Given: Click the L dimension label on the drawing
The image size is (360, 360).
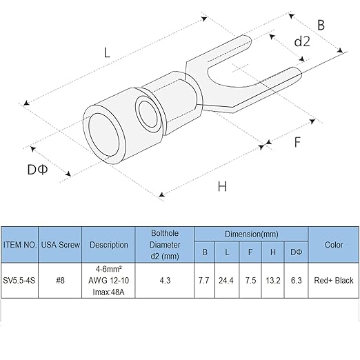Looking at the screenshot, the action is pos(107,52).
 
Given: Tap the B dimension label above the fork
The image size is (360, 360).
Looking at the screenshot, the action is pos(321,25).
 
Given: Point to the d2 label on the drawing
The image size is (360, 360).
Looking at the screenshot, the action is pos(302,41).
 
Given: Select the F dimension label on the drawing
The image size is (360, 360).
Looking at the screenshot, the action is pos(297,142).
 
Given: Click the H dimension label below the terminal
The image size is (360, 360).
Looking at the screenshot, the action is pos(222,186).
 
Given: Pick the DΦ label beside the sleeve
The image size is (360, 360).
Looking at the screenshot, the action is pos(37,170).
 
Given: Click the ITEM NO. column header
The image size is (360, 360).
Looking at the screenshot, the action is pos(20,245).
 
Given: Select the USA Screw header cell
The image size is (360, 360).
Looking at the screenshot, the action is pos(61,245).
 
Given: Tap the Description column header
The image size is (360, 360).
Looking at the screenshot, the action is pos(109,245).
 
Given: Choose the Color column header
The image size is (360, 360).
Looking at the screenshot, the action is pos(334,245).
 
